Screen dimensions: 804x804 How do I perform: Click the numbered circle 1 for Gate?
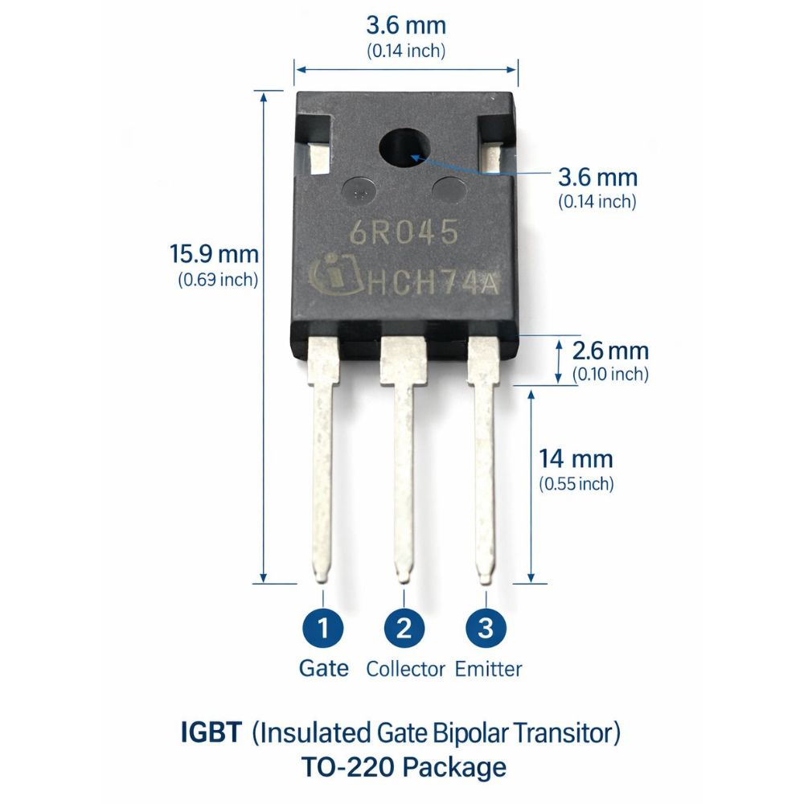point(323,628)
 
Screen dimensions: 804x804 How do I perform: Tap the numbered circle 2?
point(404,628)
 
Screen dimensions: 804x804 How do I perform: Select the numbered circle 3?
point(486,628)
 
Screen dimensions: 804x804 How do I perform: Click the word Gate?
point(323,668)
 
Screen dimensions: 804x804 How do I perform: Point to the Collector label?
point(405,669)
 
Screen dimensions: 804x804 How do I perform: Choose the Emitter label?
point(488,669)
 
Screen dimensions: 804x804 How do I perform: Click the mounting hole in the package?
point(404,148)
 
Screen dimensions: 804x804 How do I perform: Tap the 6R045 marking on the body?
point(404,232)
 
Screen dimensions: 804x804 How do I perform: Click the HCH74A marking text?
point(433,284)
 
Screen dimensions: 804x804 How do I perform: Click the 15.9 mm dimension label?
point(215,254)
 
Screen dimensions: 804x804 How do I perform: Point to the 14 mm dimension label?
point(576,458)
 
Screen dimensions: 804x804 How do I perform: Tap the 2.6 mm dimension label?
point(610,351)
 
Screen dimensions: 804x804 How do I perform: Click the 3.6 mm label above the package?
point(406,25)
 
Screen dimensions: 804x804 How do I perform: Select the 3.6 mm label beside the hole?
point(598,178)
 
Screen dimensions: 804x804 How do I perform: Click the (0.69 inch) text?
point(218,280)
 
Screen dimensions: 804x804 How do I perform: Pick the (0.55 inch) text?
point(576,484)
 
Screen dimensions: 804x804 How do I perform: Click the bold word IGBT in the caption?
point(211,732)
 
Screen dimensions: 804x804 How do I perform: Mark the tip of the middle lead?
point(404,581)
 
